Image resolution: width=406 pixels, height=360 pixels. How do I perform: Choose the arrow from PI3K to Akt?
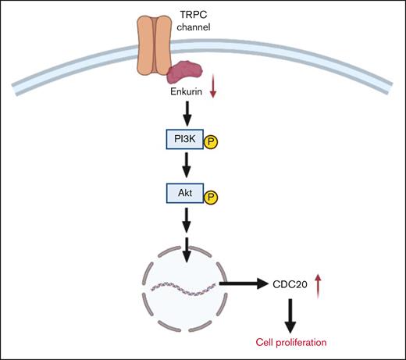pos(184,165)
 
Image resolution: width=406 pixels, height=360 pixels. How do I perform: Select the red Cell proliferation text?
pos(290,341)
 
